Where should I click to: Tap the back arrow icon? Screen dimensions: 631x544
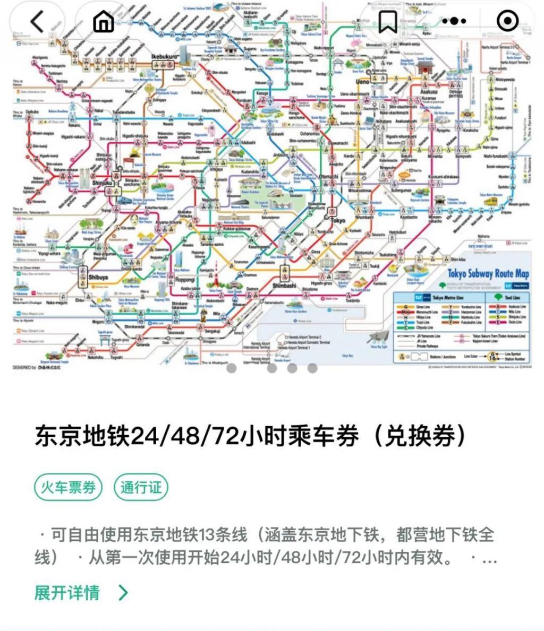pyautogui.click(x=37, y=22)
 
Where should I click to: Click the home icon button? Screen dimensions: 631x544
pyautogui.click(x=104, y=22)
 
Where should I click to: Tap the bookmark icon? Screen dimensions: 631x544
pyautogui.click(x=387, y=22)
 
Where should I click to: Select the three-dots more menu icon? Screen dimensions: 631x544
pyautogui.click(x=454, y=22)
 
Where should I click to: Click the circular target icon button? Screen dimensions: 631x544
pyautogui.click(x=507, y=22)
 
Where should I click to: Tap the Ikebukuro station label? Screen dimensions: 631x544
pyautogui.click(x=163, y=56)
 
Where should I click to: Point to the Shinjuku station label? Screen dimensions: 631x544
pyautogui.click(x=103, y=183)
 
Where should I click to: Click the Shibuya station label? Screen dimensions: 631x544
pyautogui.click(x=98, y=277)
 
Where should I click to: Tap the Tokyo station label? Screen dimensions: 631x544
pyautogui.click(x=337, y=220)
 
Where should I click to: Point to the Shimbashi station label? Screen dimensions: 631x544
pyautogui.click(x=284, y=286)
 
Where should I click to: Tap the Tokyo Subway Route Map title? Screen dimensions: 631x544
pyautogui.click(x=488, y=274)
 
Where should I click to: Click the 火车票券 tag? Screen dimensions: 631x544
pyautogui.click(x=69, y=487)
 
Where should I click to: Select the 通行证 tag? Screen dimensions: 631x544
pyautogui.click(x=141, y=487)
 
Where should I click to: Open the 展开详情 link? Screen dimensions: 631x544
pyautogui.click(x=67, y=592)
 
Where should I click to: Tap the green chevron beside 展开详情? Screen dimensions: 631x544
pyautogui.click(x=123, y=592)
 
